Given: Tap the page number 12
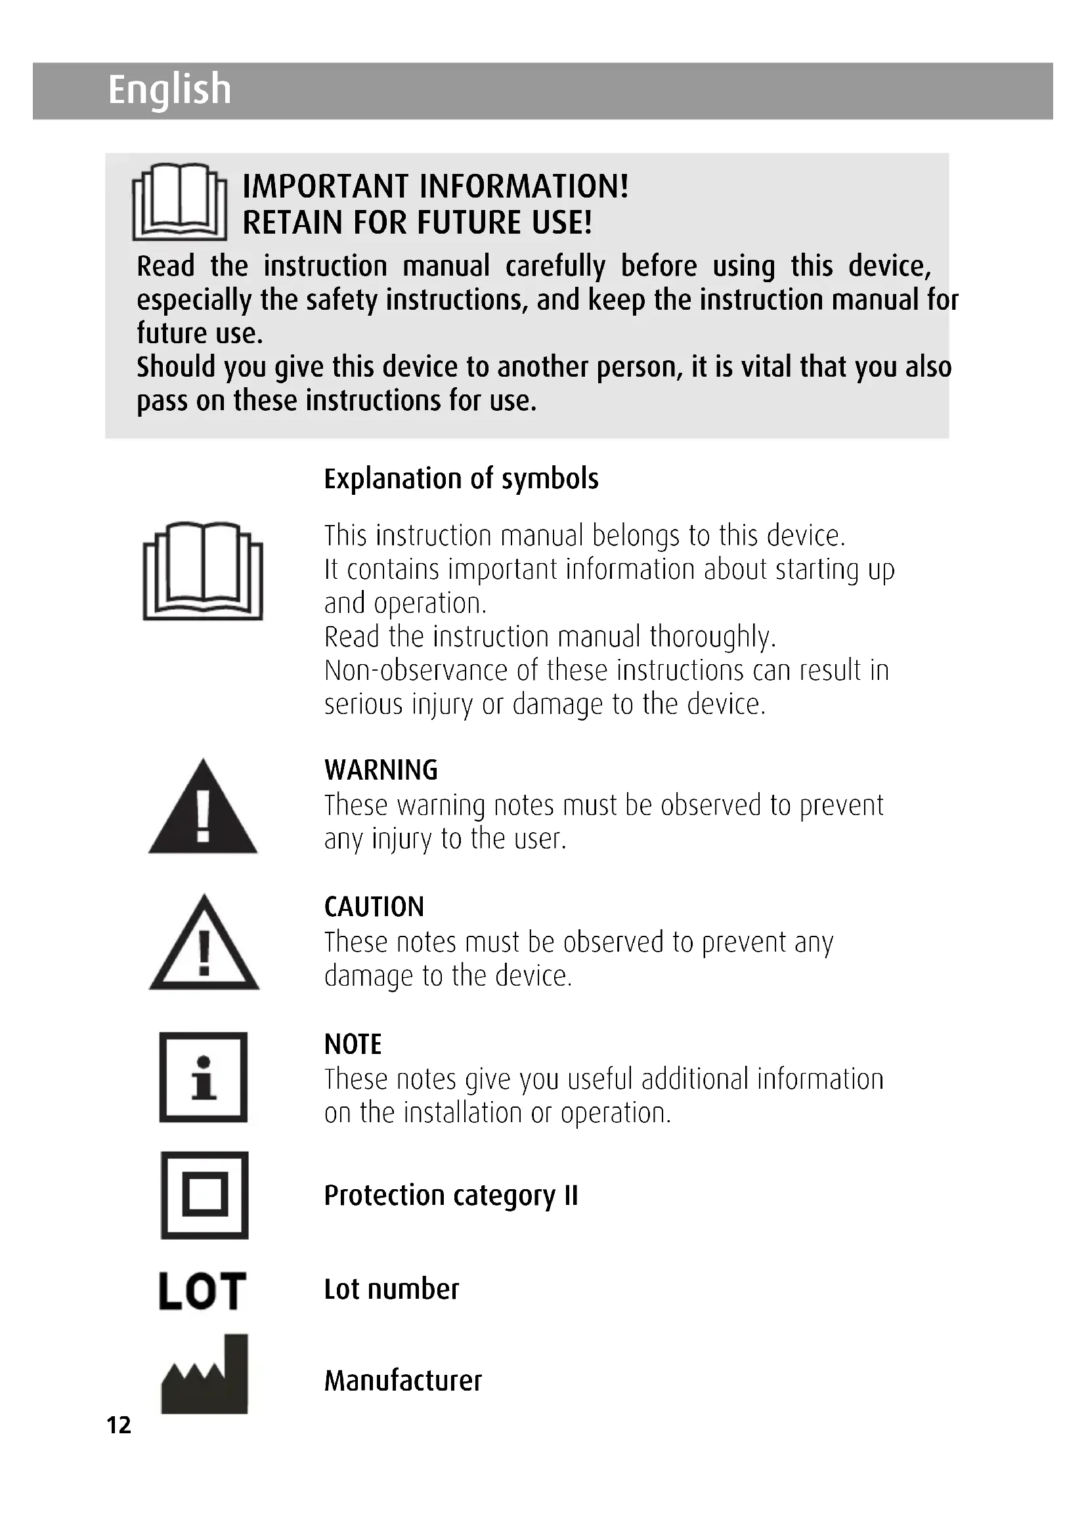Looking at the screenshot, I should point(119,1425).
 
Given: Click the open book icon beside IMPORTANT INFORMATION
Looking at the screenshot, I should point(179,202).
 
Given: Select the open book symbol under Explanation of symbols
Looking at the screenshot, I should point(203,571).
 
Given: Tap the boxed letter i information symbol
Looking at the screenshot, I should point(204,1077).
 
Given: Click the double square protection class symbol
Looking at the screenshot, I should point(205,1194).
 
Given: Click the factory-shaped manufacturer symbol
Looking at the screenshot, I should point(205,1375).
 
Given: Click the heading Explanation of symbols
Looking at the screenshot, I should point(461,478).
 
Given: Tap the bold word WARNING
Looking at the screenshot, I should point(381,770).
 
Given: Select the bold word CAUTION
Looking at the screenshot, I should point(374,907).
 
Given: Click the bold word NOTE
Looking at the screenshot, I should point(353,1044).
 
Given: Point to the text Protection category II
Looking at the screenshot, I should point(450,1195).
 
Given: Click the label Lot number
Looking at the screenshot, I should point(391,1289).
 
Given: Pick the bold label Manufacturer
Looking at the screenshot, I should point(402,1381).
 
